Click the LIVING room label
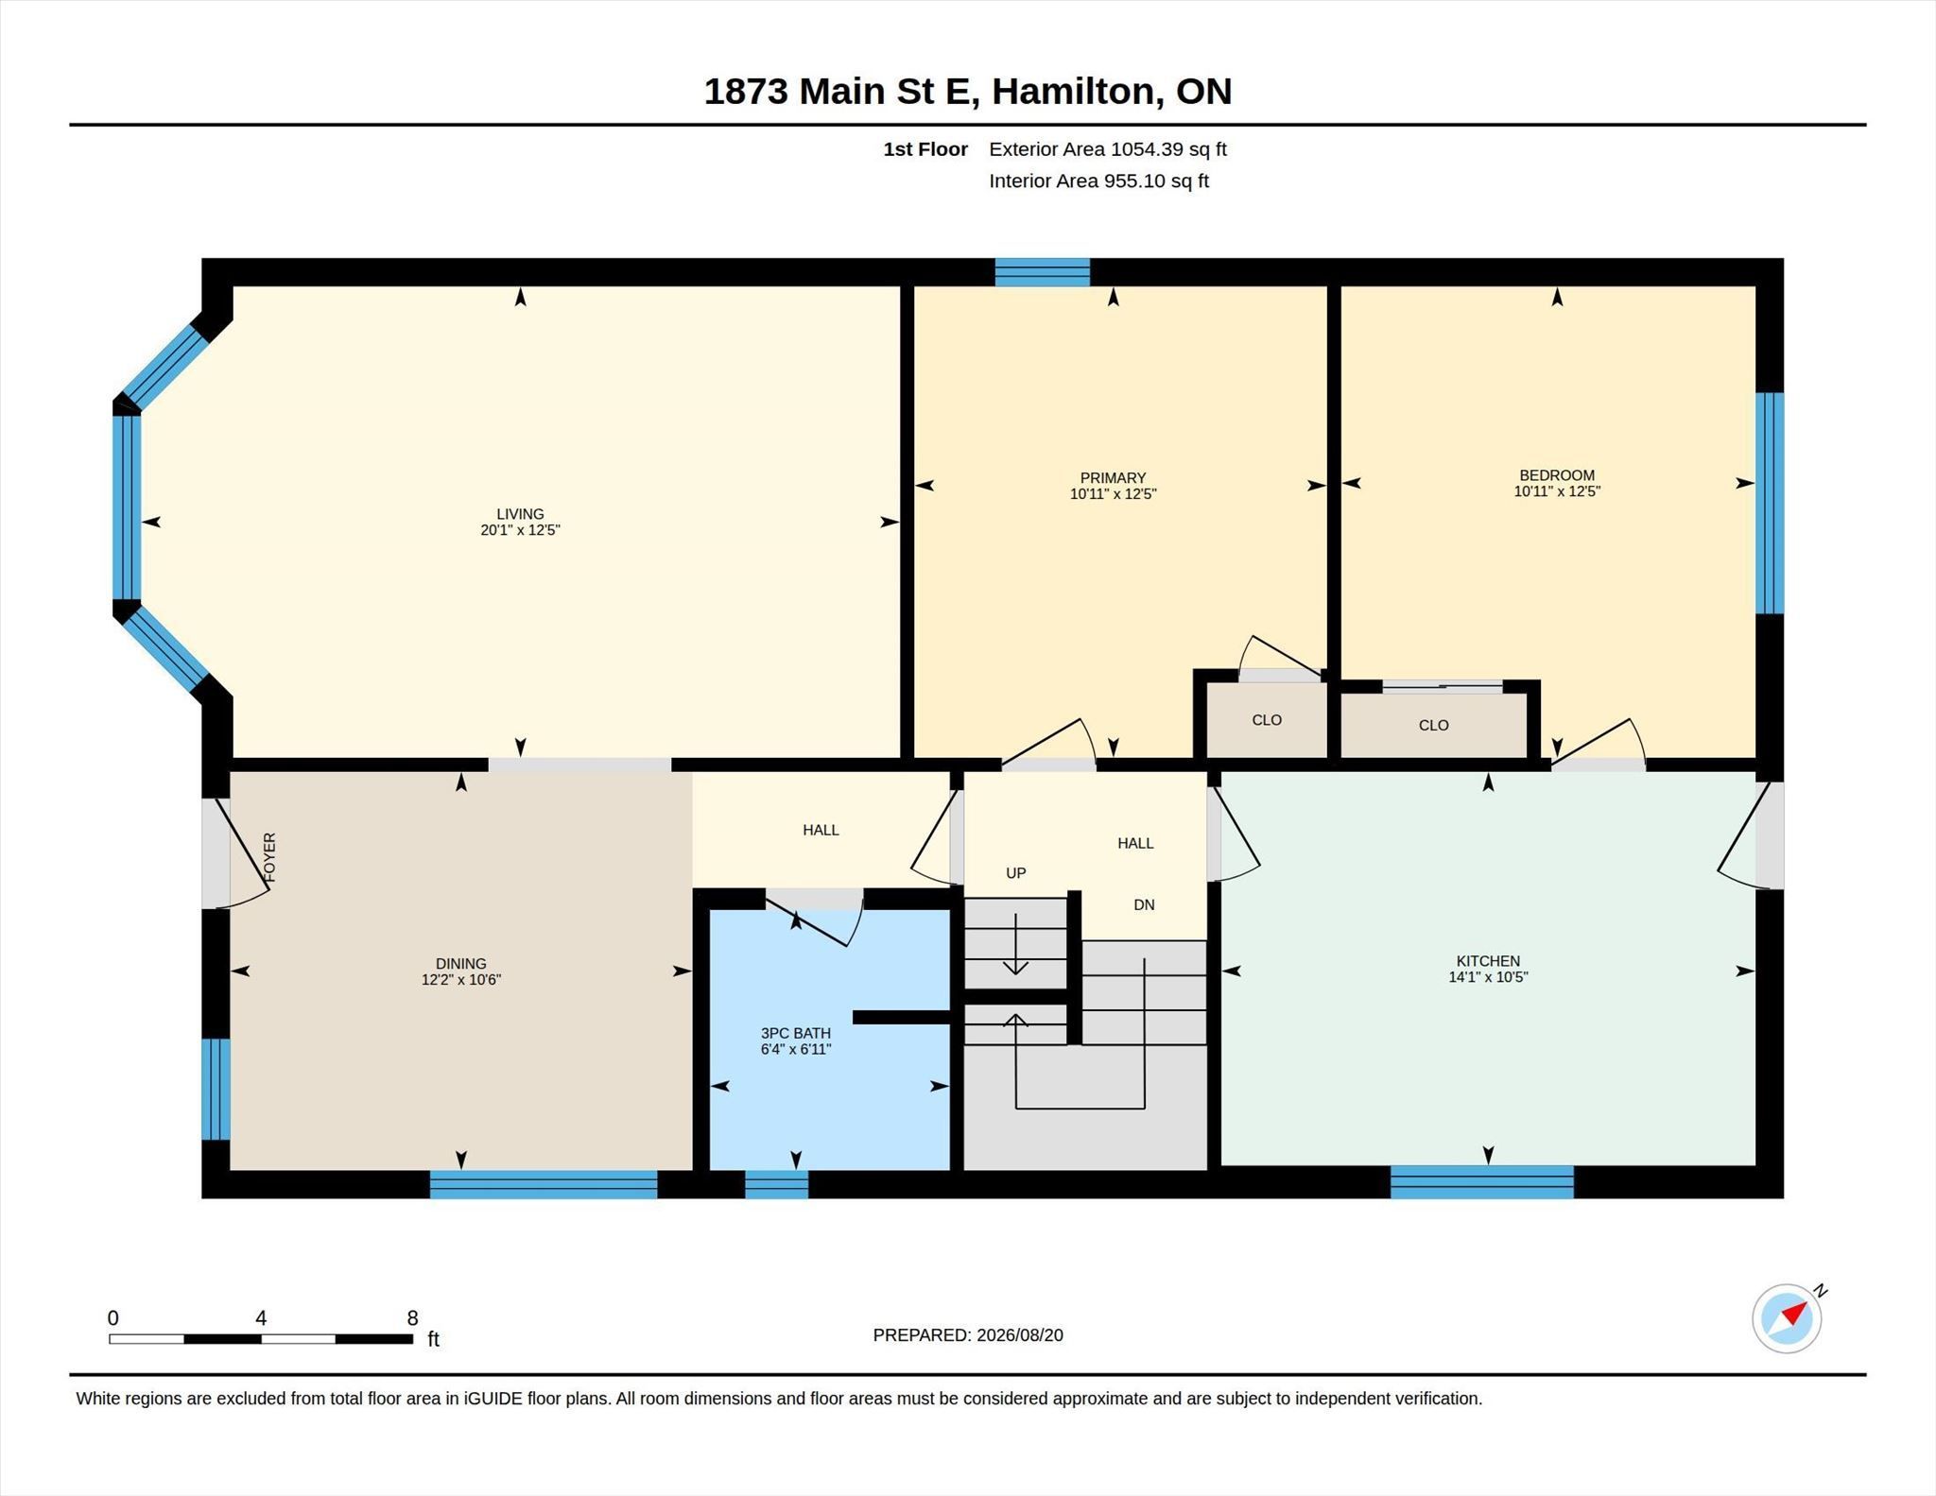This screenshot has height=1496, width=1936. tap(520, 514)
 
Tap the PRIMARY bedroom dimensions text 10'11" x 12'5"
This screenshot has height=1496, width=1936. tap(1113, 494)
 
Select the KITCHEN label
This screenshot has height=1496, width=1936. tap(1488, 961)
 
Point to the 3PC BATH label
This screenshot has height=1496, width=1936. tap(796, 1033)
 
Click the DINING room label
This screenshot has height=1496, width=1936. tap(460, 964)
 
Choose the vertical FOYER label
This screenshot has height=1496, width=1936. tap(270, 857)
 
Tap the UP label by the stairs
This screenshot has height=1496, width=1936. tap(1016, 873)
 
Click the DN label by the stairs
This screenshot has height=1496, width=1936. tap(1144, 904)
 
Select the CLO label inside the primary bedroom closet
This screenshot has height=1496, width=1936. tap(1267, 720)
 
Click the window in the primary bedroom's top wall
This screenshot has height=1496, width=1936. tap(1043, 272)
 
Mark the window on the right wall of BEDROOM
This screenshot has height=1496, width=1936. tap(1770, 503)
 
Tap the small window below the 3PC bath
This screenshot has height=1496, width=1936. tap(777, 1184)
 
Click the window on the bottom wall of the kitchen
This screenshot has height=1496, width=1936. tap(1481, 1182)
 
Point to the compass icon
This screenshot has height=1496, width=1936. tap(1787, 1318)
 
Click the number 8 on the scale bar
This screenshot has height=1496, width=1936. tap(412, 1318)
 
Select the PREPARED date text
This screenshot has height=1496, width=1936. tap(968, 1335)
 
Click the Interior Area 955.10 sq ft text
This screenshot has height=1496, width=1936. tap(1098, 181)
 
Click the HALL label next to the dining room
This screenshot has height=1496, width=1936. tap(821, 830)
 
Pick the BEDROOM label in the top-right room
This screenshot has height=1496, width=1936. tap(1557, 475)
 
